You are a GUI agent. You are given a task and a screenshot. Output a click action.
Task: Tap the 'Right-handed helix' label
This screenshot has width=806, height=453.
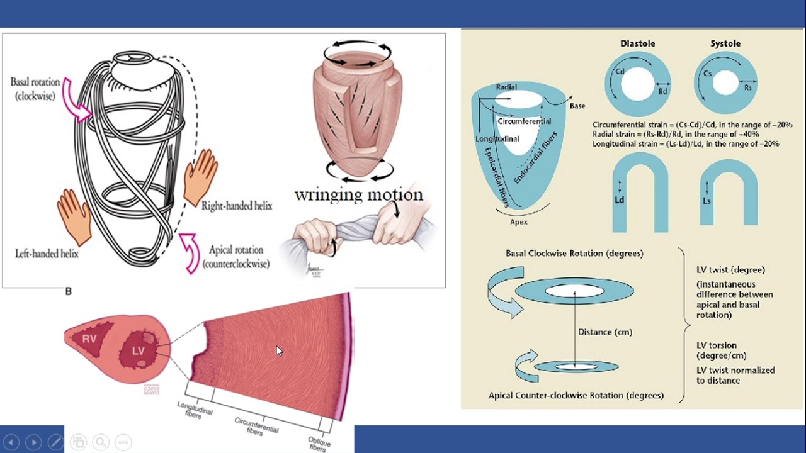pos(237,206)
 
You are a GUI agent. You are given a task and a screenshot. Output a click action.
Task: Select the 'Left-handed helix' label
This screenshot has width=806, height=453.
pos(47,254)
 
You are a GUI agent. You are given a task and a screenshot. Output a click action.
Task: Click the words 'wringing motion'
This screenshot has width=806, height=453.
pos(358,194)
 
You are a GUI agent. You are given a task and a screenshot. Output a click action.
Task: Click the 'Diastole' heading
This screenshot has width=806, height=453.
pos(637,43)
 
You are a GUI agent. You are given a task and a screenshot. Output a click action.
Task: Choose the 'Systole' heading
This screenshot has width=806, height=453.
pos(725,43)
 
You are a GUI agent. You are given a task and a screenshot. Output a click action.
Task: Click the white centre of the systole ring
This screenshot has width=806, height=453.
pos(725,82)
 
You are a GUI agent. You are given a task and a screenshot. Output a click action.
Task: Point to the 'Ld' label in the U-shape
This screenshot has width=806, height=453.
pos(619,200)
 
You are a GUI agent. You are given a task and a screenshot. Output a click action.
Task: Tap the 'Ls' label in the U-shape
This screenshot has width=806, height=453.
pos(707,200)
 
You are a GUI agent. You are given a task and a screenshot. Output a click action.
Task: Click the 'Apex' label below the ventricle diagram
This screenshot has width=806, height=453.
pos(519,221)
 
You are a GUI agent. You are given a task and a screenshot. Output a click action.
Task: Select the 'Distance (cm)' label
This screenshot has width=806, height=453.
pos(604,332)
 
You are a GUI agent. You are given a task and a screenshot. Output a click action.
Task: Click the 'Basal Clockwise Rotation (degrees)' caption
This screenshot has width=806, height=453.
pos(574,254)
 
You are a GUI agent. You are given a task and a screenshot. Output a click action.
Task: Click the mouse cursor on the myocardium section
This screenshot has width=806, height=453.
pos(279,350)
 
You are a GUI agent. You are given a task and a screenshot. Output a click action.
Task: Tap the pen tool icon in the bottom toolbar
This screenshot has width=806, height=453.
pos(55,442)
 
